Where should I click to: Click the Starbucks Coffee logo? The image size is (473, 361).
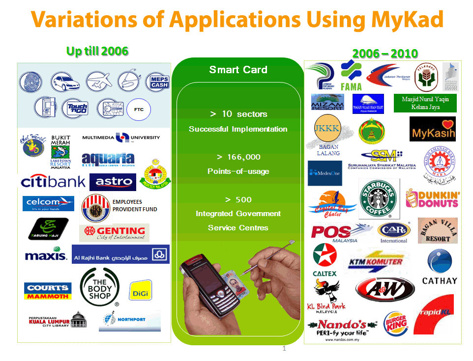click(x=379, y=199)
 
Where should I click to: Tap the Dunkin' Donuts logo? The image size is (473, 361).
click(x=433, y=199)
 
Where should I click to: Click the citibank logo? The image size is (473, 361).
click(x=53, y=182)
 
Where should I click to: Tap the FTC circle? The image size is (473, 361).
click(x=139, y=110)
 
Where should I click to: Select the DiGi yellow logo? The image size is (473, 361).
click(x=140, y=293)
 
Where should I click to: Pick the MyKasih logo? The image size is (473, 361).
click(x=432, y=129)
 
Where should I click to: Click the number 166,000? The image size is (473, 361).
click(x=238, y=157)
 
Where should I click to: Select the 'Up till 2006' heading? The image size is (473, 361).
click(x=97, y=51)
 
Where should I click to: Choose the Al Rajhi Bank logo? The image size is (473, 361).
click(x=120, y=254)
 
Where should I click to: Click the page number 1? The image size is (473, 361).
click(x=284, y=349)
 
